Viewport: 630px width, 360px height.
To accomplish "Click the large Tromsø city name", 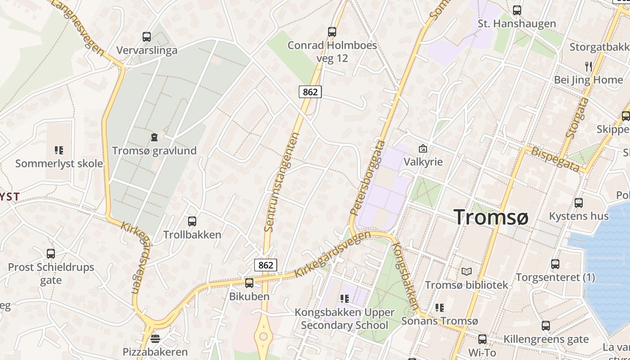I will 491,217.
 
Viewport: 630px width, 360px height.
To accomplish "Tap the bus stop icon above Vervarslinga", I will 146,37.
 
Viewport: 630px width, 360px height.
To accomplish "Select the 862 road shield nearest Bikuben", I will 265,265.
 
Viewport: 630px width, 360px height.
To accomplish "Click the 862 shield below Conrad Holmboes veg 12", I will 310,92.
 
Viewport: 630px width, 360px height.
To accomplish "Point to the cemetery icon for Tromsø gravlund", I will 154,137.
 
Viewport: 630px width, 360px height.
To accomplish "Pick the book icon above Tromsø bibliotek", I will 467,272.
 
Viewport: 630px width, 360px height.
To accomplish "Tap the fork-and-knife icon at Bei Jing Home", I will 589,67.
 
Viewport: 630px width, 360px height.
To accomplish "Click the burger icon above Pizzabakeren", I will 155,338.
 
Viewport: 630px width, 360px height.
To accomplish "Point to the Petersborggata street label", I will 368,177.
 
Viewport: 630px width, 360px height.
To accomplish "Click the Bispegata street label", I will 555,158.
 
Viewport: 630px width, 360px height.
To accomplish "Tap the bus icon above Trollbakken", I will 192,221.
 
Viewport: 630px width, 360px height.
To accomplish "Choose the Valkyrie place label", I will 423,162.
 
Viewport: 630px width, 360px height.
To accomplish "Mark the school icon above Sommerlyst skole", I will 59,150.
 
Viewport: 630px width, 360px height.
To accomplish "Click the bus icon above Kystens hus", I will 579,203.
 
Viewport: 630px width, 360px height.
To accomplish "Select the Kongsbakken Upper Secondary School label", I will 344,319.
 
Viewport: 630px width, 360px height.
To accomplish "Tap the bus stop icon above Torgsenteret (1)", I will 555,264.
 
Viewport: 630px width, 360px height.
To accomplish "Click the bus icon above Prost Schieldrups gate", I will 51,254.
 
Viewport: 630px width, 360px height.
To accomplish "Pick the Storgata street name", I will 577,118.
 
